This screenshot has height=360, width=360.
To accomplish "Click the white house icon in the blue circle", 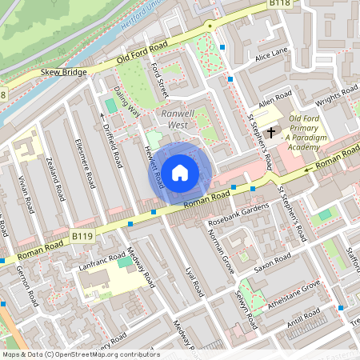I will pyautogui.click(x=180, y=172).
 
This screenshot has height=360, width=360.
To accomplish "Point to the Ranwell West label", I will pyautogui.click(x=178, y=119).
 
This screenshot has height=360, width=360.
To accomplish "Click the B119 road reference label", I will pyautogui.click(x=82, y=237).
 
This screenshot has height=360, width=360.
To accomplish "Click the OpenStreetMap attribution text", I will pyautogui.click(x=80, y=354).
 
